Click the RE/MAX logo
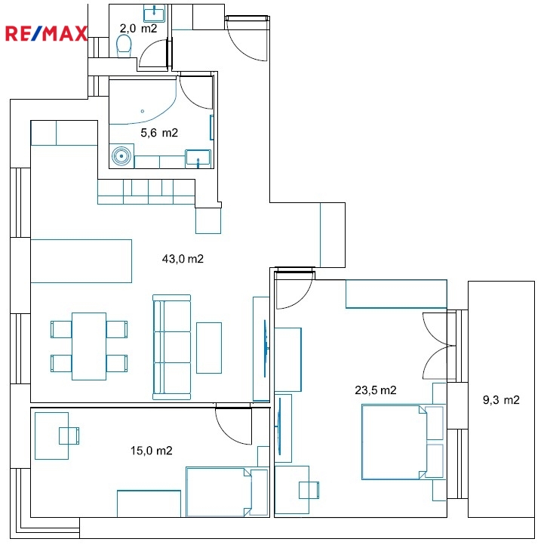click(x=46, y=33)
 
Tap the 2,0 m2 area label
click(x=138, y=28)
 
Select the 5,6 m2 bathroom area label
click(x=159, y=132)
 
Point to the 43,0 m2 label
click(x=183, y=259)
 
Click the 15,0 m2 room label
click(x=152, y=451)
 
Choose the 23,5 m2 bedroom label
click(x=376, y=390)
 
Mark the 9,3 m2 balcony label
click(x=501, y=400)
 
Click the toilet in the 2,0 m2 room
click(x=124, y=47)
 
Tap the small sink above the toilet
click(x=154, y=14)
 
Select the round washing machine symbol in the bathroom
click(x=121, y=156)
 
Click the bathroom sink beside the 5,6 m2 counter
click(x=198, y=159)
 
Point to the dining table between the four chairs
click(x=89, y=346)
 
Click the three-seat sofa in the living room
click(x=172, y=347)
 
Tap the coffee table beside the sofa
click(x=209, y=348)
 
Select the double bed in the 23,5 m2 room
click(x=402, y=442)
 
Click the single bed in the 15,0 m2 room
click(x=227, y=491)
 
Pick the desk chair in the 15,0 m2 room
click(x=69, y=436)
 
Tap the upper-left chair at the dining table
click(x=61, y=329)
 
